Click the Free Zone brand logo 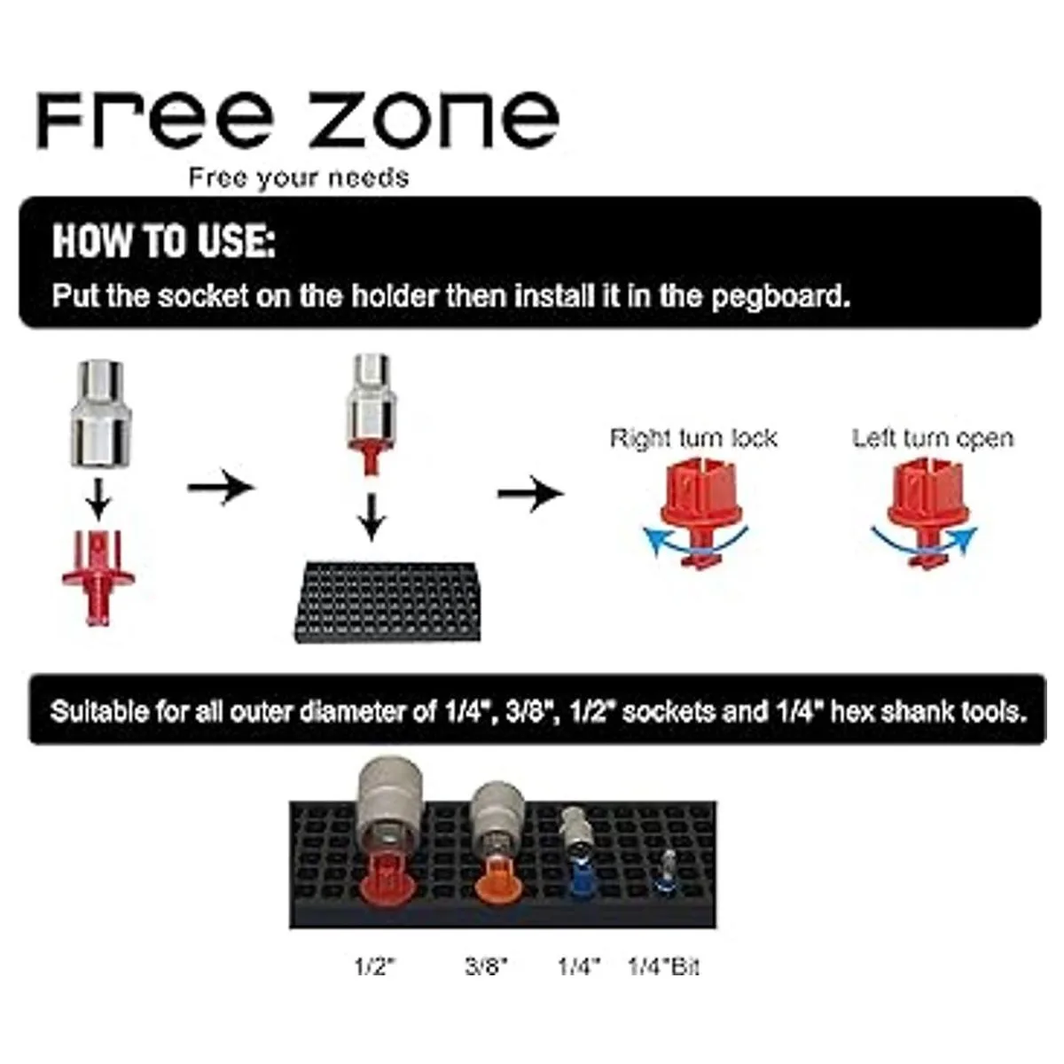point(298,120)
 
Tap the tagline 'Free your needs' point(299,178)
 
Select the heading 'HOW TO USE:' point(164,241)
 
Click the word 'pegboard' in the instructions point(780,296)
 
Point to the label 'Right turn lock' point(693,438)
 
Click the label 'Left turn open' point(933,438)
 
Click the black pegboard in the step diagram point(387,602)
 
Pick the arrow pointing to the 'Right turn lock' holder point(530,493)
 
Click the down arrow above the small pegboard point(372,517)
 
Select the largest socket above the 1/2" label point(392,807)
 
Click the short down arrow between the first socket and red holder point(98,499)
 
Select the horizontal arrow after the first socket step point(221,487)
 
